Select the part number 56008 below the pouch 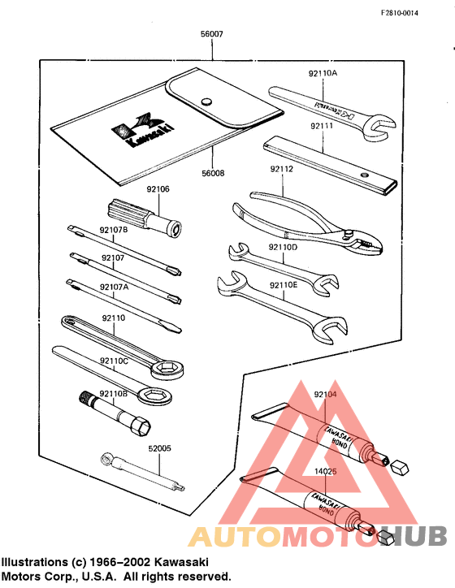coord(212,173)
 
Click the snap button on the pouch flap coord(206,102)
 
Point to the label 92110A coord(323,73)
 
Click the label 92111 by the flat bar coord(323,126)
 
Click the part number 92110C coord(114,360)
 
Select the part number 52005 coord(159,447)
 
